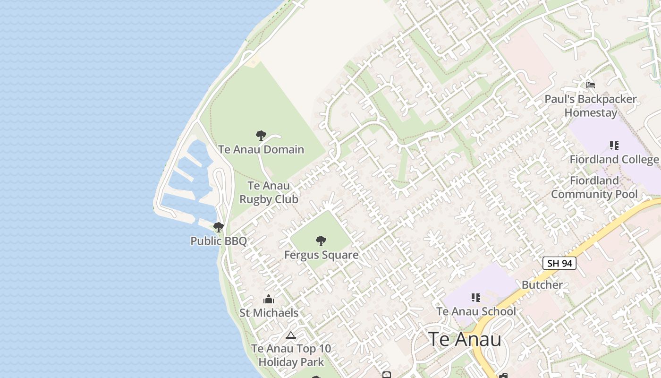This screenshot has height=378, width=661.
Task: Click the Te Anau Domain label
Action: (x=261, y=149)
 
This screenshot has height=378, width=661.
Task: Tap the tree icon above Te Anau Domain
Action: (x=261, y=136)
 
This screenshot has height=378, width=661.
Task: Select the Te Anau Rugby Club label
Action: (x=269, y=192)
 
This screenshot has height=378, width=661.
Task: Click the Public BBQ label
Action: (x=219, y=241)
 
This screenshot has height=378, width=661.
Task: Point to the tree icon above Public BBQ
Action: (x=218, y=227)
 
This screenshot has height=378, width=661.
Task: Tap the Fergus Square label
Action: (x=321, y=255)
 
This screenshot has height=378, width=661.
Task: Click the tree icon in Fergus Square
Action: (x=321, y=241)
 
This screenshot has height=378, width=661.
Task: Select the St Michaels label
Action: (x=269, y=313)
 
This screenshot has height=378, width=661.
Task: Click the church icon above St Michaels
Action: (x=269, y=299)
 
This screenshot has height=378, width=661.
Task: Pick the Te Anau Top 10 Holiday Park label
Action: (x=291, y=355)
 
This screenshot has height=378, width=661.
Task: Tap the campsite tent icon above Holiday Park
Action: (x=291, y=335)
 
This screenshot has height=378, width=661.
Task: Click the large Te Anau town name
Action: (x=465, y=339)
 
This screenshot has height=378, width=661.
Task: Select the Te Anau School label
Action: (x=476, y=311)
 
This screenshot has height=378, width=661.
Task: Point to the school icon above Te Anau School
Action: (x=476, y=298)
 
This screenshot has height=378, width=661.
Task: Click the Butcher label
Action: (x=542, y=285)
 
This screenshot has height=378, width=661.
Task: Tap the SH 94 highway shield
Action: (x=559, y=263)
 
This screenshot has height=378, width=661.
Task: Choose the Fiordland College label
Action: (x=614, y=159)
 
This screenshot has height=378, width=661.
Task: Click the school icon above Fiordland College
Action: (x=614, y=146)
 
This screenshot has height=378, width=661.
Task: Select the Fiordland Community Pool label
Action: (x=594, y=187)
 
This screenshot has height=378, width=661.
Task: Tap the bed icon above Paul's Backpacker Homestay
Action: (x=590, y=85)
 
